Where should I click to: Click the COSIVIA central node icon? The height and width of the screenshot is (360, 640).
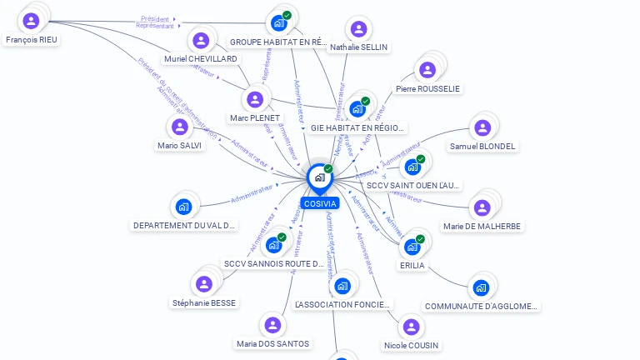[x=319, y=177]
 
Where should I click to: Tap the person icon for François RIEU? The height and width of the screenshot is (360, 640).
[x=32, y=21]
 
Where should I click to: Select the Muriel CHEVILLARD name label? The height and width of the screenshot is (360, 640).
[x=200, y=59]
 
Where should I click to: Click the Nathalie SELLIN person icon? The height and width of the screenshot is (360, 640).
[x=358, y=29]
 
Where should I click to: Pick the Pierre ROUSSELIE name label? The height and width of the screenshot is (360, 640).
[x=427, y=89]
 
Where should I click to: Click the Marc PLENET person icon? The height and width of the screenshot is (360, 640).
[x=255, y=99]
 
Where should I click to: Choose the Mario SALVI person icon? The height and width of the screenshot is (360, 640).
[x=179, y=127]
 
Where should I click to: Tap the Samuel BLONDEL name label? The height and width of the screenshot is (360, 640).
[x=482, y=147]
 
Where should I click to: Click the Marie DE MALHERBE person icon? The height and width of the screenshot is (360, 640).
[x=482, y=207]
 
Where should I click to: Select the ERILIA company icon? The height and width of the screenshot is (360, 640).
[x=412, y=247]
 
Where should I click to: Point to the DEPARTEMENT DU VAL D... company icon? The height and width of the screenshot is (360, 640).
[x=184, y=207]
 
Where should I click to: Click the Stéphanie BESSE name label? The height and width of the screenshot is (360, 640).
[x=204, y=302]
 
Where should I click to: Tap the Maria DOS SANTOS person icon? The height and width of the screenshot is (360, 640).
[x=272, y=325]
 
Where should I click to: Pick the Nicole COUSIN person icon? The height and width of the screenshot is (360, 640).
[x=411, y=327]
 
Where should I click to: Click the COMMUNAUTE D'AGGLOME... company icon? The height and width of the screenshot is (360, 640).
[x=481, y=288]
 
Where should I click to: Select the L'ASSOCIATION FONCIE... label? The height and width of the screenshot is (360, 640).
[x=342, y=305]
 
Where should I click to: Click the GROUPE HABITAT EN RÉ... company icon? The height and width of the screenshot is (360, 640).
[x=279, y=23]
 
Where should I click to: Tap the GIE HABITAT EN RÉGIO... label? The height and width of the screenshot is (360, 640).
[x=357, y=128]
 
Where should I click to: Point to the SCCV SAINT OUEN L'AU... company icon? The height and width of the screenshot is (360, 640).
[x=413, y=167]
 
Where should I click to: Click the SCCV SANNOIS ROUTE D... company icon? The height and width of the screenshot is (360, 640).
[x=274, y=245]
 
